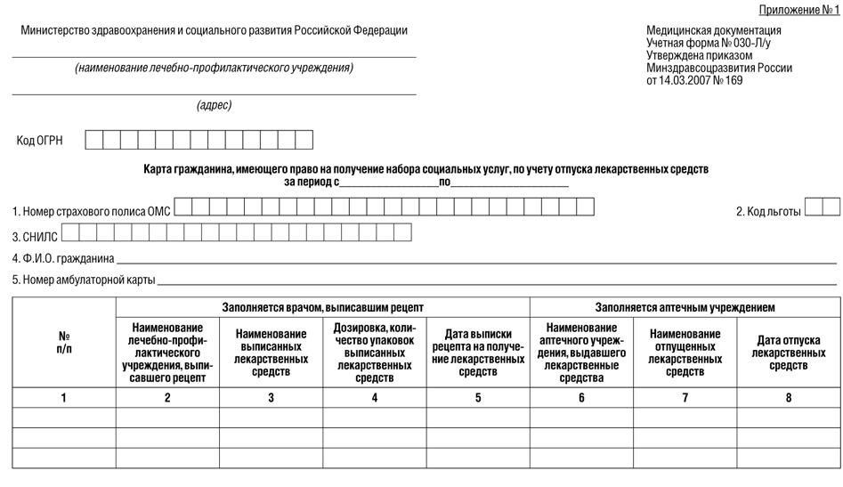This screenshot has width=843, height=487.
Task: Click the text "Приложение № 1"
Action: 798,10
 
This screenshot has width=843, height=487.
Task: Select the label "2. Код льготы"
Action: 768,211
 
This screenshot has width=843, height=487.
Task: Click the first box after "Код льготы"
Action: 814,207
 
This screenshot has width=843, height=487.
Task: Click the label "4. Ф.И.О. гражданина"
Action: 63,259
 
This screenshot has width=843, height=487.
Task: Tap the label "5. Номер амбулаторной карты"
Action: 84,280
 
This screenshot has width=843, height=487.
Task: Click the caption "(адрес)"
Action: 214,105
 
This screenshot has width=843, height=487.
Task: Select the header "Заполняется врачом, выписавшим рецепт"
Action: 322,307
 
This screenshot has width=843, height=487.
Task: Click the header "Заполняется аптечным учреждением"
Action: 685,307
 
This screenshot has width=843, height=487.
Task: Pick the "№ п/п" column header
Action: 64,342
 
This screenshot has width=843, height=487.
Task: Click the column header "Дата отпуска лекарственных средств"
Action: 789,353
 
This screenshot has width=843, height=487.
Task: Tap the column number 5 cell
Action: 478,398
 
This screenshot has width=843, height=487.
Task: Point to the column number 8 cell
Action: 789,398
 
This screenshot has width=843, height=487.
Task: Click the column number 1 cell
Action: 64,398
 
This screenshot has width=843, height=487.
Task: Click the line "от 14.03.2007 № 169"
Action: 694,80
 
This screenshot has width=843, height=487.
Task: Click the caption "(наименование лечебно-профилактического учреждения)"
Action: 214,68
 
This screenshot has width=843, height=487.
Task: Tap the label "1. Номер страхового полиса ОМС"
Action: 91,211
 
